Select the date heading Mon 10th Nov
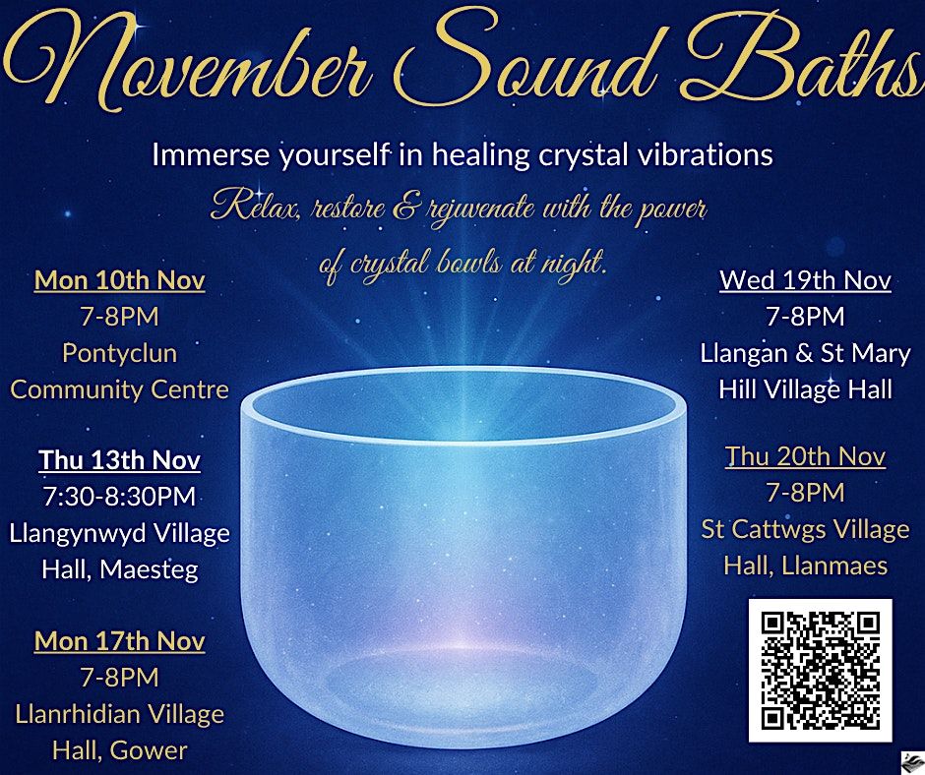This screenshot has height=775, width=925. coord(119,280)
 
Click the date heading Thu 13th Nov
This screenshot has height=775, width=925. coord(119,460)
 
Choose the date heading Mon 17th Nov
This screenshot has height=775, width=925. coord(119,641)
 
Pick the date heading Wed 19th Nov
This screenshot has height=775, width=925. coord(805,280)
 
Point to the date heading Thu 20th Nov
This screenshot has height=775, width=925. coord(805,457)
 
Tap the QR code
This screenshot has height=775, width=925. coord(820,670)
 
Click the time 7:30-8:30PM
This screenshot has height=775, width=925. coord(119,497)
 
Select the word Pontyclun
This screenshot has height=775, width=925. coord(119,352)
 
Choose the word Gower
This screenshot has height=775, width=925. coord(149,750)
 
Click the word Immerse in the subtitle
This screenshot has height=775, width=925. coord(203,155)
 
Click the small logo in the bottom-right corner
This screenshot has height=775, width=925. coord(910,760)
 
